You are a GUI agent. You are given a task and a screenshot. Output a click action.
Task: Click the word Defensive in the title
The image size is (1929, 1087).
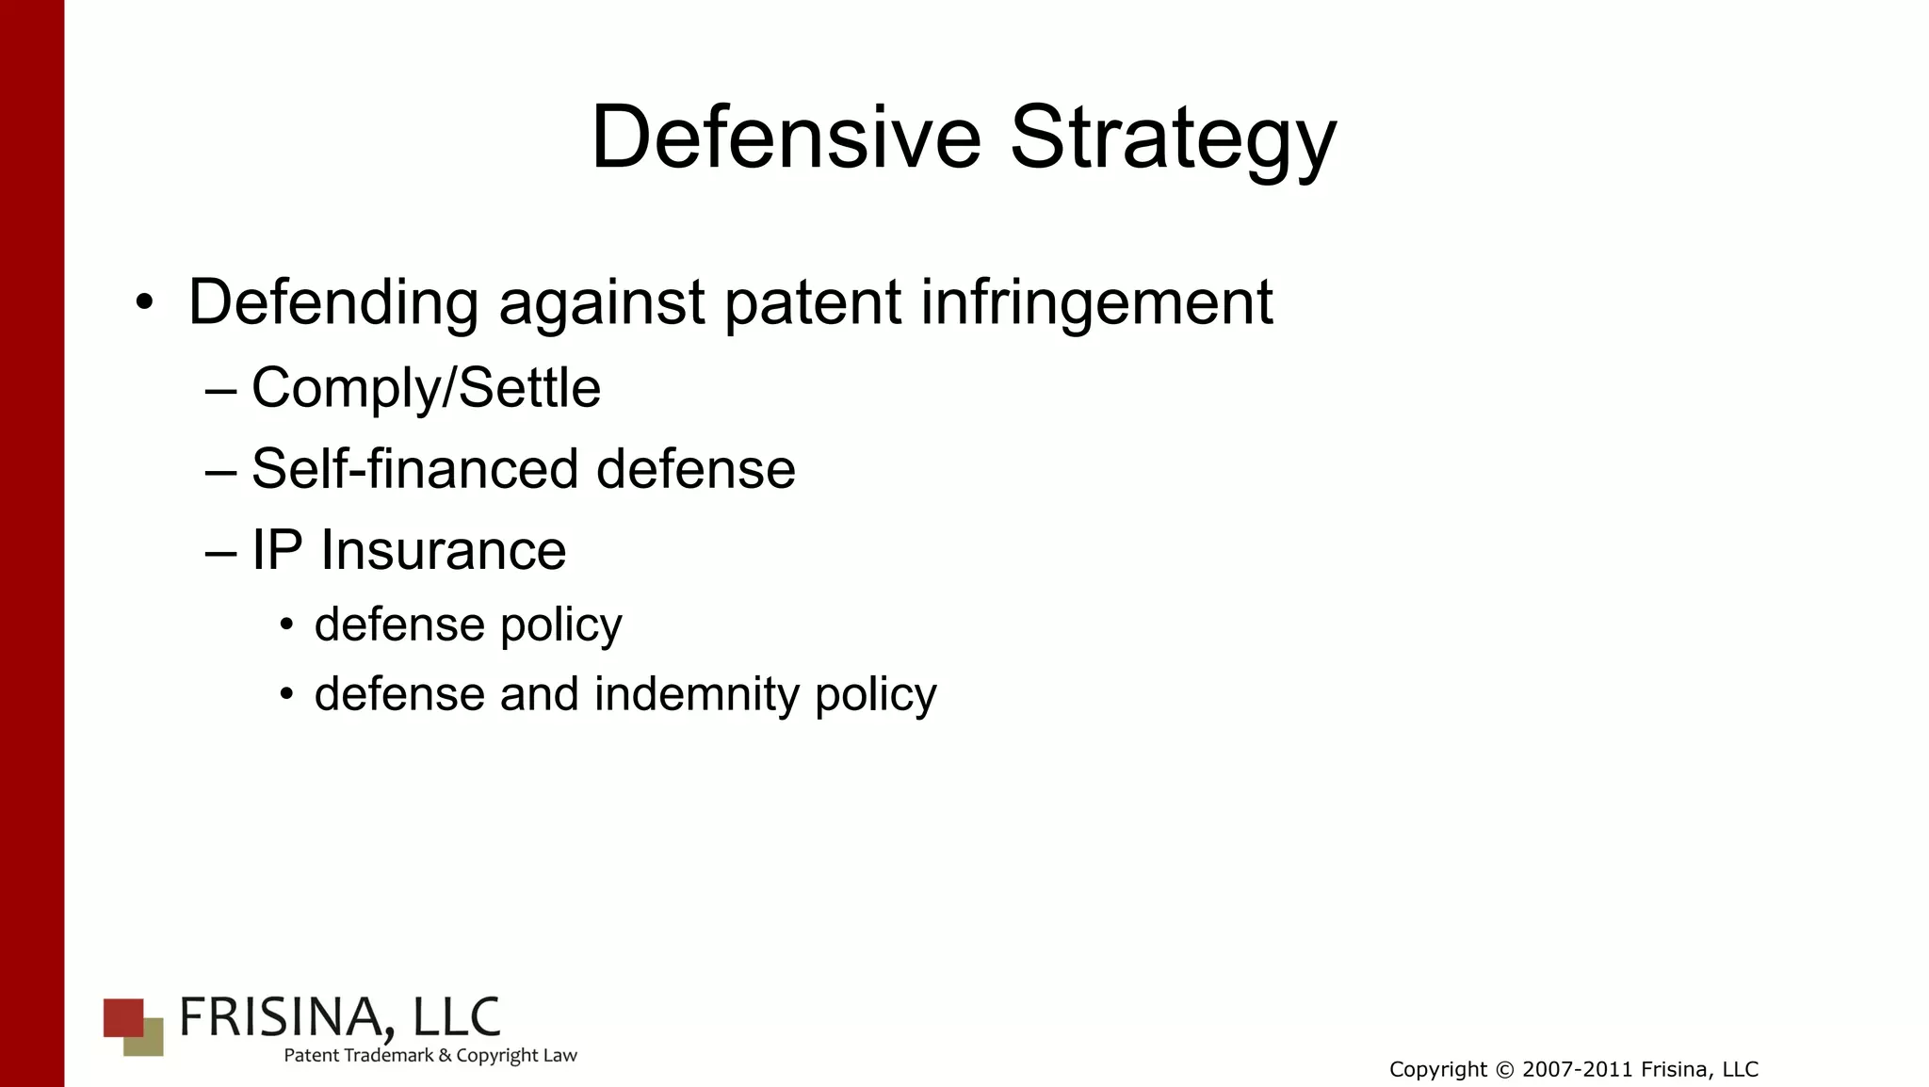(x=786, y=138)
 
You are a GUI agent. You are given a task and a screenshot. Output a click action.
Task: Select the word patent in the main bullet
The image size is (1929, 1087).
(x=813, y=304)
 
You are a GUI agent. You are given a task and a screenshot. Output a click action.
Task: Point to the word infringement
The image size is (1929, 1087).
(x=1096, y=304)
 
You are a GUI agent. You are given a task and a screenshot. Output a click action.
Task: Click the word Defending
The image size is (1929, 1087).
(x=333, y=304)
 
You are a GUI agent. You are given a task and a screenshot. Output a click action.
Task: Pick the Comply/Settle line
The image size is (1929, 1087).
(x=426, y=388)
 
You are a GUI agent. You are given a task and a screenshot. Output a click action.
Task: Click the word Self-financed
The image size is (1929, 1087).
(x=414, y=469)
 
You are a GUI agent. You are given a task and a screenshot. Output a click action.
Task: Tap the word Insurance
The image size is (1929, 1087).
(x=443, y=550)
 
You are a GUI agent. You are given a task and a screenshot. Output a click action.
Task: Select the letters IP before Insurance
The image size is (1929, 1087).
(x=277, y=550)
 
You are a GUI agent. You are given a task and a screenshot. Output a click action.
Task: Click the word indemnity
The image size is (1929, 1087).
(x=696, y=695)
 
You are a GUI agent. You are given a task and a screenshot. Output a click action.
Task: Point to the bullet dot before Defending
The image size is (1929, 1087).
(x=143, y=303)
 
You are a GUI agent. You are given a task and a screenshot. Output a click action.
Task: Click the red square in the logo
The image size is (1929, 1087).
(x=122, y=1016)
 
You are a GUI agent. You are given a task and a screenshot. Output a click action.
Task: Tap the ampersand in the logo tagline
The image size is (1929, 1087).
(x=445, y=1056)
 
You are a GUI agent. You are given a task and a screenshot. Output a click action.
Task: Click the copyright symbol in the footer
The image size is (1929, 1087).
(x=1504, y=1070)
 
